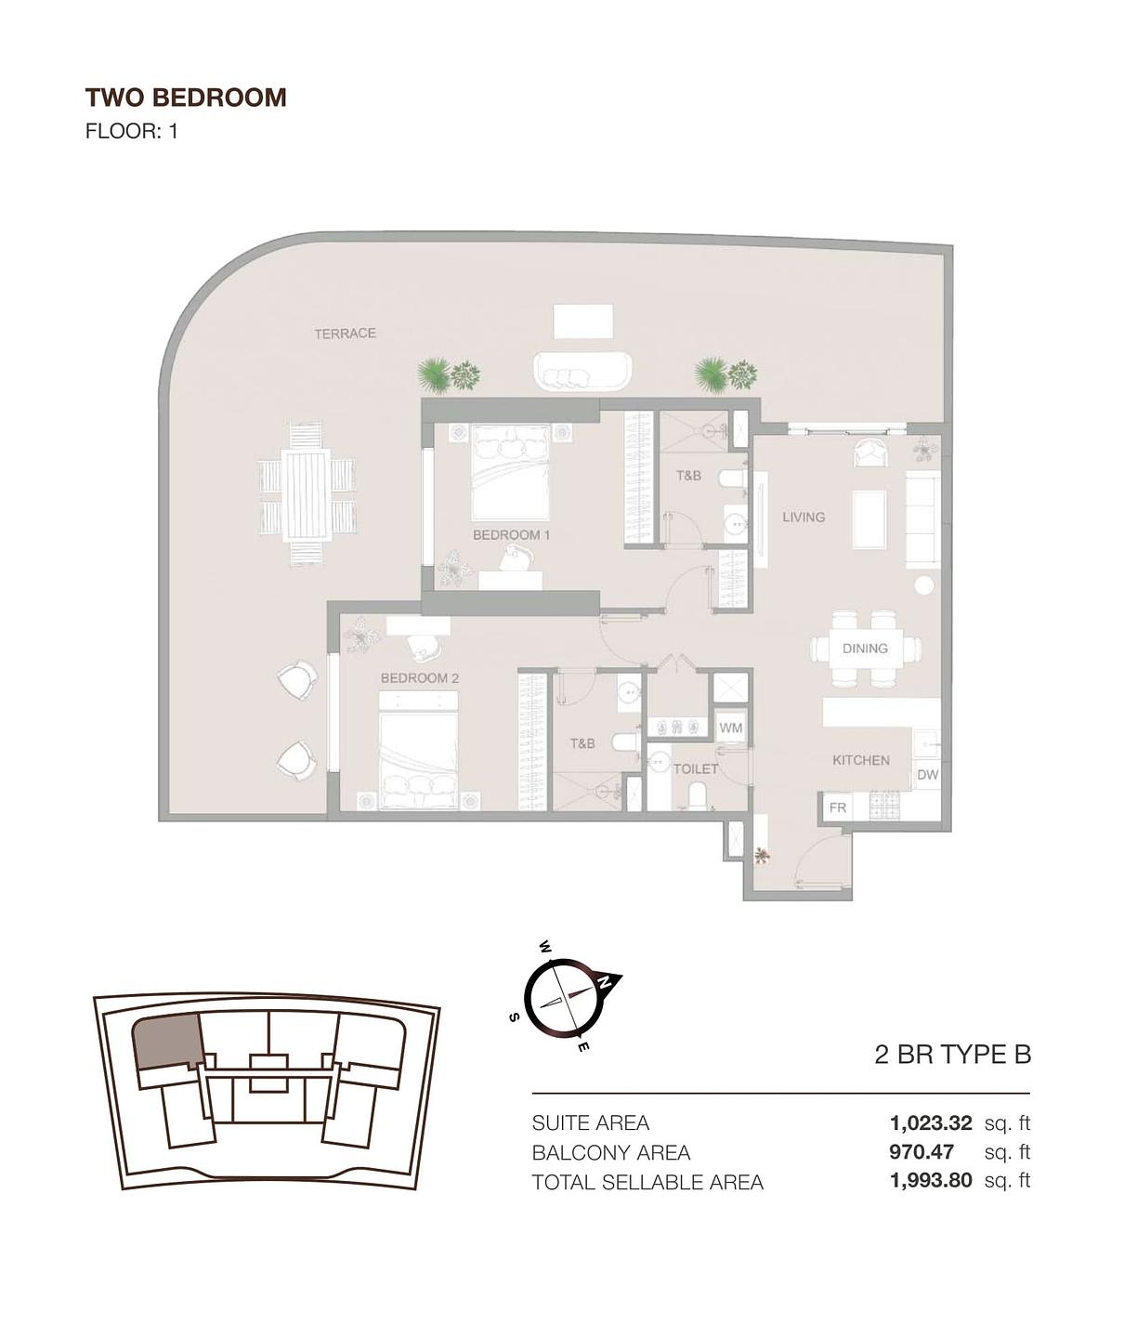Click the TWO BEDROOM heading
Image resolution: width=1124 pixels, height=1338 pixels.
[186, 98]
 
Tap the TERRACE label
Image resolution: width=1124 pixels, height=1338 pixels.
[345, 333]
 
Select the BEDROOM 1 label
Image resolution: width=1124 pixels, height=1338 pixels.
[511, 535]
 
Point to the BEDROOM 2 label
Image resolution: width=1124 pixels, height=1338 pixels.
[419, 678]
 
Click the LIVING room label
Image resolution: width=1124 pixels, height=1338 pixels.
[803, 517]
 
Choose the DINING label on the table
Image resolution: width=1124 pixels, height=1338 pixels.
[865, 649]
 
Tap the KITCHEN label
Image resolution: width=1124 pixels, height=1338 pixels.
[860, 760]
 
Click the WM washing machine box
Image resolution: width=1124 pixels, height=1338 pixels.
[730, 728]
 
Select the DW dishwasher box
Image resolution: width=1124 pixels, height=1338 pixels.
[927, 775]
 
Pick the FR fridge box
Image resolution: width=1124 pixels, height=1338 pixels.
[837, 807]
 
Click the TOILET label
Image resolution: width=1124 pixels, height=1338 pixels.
[695, 768]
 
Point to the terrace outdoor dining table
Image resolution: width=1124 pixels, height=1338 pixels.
[307, 493]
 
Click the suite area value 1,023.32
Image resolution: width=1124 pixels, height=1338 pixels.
[930, 1122]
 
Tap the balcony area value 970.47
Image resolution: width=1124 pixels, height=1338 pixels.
[921, 1152]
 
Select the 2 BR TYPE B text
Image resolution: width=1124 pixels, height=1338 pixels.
[952, 1055]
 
